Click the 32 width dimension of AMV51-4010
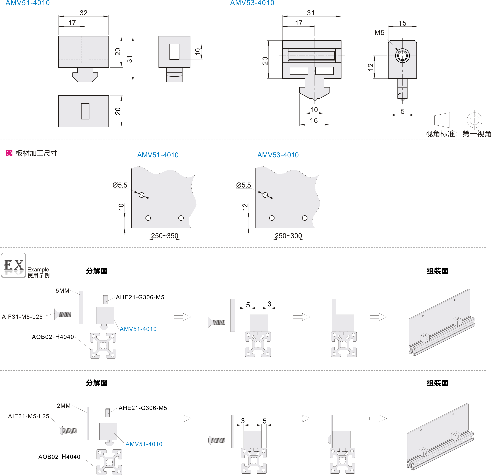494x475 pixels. click(x=83, y=13)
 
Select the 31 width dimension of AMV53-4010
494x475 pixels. click(x=311, y=13)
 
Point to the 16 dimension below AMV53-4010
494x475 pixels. click(x=314, y=121)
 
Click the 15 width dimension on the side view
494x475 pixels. click(x=402, y=23)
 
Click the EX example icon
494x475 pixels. click(x=14, y=265)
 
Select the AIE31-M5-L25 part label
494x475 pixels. click(x=28, y=416)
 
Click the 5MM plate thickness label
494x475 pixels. click(x=62, y=291)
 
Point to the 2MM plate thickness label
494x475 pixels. click(x=63, y=406)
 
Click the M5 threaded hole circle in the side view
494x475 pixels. click(x=402, y=55)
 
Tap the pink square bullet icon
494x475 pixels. click(x=9, y=153)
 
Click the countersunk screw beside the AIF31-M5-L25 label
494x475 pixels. click(x=63, y=314)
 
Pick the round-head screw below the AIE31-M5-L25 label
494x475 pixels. click(x=68, y=431)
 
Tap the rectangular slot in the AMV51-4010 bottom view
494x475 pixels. click(x=85, y=111)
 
